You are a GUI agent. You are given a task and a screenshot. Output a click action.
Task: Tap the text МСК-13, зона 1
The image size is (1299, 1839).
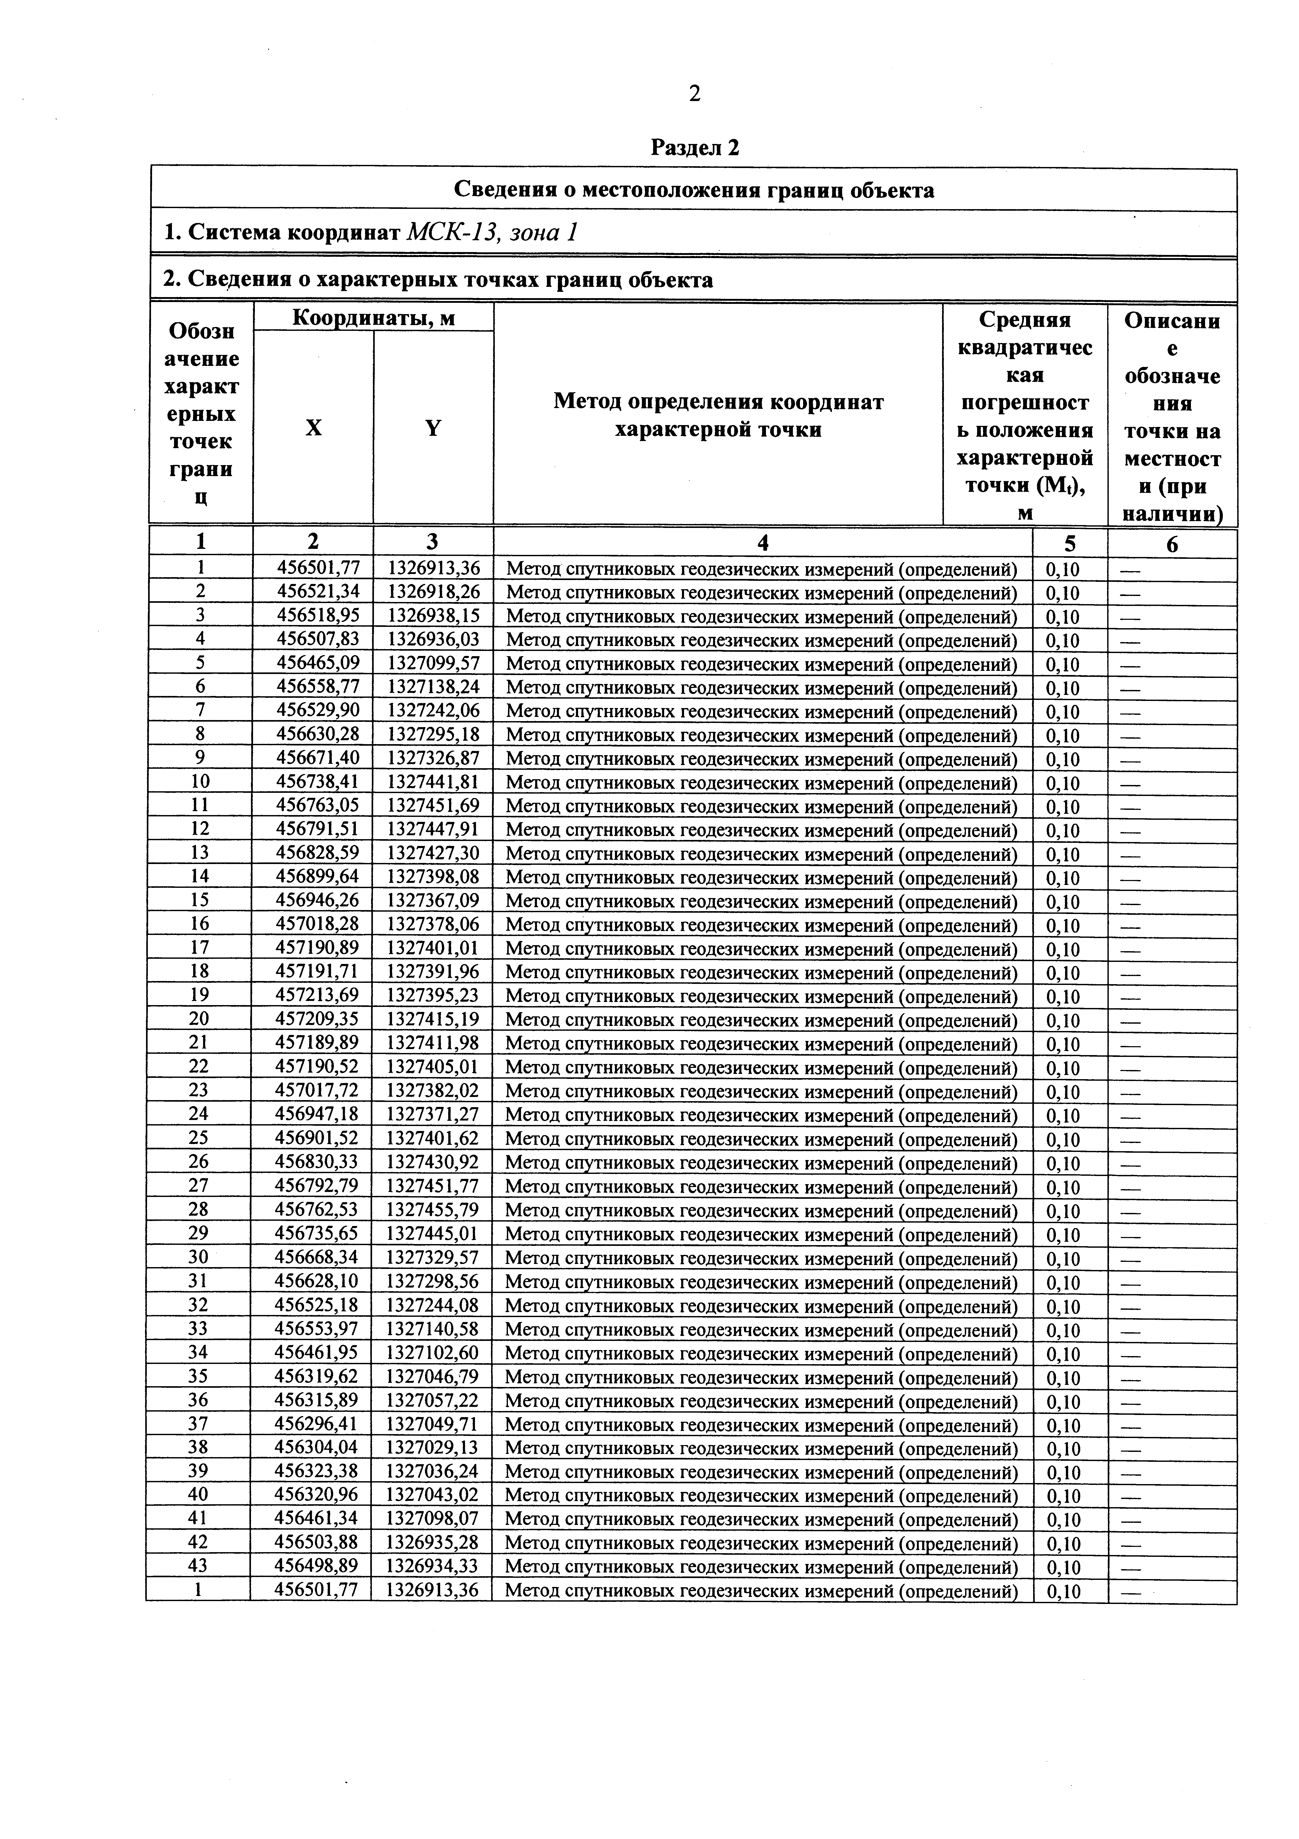click(x=492, y=232)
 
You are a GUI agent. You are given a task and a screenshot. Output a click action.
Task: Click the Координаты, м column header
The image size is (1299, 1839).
click(x=373, y=318)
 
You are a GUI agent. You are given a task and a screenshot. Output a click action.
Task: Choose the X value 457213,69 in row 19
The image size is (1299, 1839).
click(x=317, y=996)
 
